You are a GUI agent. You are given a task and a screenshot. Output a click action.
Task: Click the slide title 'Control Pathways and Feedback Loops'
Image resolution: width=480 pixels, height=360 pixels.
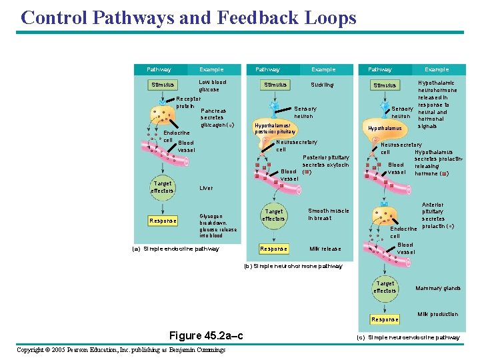click(189, 17)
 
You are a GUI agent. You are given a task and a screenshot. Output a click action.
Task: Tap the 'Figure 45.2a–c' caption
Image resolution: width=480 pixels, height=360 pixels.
click(205, 335)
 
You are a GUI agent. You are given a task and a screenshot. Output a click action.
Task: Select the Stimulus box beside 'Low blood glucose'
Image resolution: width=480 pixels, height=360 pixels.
click(163, 85)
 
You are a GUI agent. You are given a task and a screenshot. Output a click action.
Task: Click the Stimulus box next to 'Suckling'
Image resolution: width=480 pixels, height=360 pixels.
click(275, 85)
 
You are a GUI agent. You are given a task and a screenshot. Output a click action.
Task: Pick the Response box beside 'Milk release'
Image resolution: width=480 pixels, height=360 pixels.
click(273, 249)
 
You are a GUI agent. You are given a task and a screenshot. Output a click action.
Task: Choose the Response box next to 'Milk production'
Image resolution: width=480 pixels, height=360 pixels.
click(385, 319)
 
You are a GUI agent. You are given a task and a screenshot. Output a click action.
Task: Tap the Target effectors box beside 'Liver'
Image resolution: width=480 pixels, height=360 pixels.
click(163, 187)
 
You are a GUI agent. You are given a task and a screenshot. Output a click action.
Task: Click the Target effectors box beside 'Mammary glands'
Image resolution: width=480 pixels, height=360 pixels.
click(385, 287)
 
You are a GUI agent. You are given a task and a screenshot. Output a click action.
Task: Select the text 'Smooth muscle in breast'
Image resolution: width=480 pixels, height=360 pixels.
click(328, 215)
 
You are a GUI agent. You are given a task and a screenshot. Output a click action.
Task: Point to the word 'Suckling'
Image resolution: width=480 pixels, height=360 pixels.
click(322, 85)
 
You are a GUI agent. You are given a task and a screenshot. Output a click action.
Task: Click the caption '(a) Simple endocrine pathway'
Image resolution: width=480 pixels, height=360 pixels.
click(177, 249)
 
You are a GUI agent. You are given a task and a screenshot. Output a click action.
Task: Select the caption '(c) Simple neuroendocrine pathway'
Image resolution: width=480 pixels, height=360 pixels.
click(408, 337)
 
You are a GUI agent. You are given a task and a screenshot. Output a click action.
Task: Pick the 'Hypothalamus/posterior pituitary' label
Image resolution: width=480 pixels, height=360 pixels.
click(275, 128)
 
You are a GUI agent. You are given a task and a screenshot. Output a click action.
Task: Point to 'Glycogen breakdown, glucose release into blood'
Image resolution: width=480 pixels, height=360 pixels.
click(218, 226)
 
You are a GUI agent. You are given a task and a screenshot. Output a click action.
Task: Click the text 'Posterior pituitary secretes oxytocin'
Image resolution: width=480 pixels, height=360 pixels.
click(325, 161)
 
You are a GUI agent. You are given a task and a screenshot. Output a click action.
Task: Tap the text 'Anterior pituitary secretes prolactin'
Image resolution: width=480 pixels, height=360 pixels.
click(433, 215)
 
